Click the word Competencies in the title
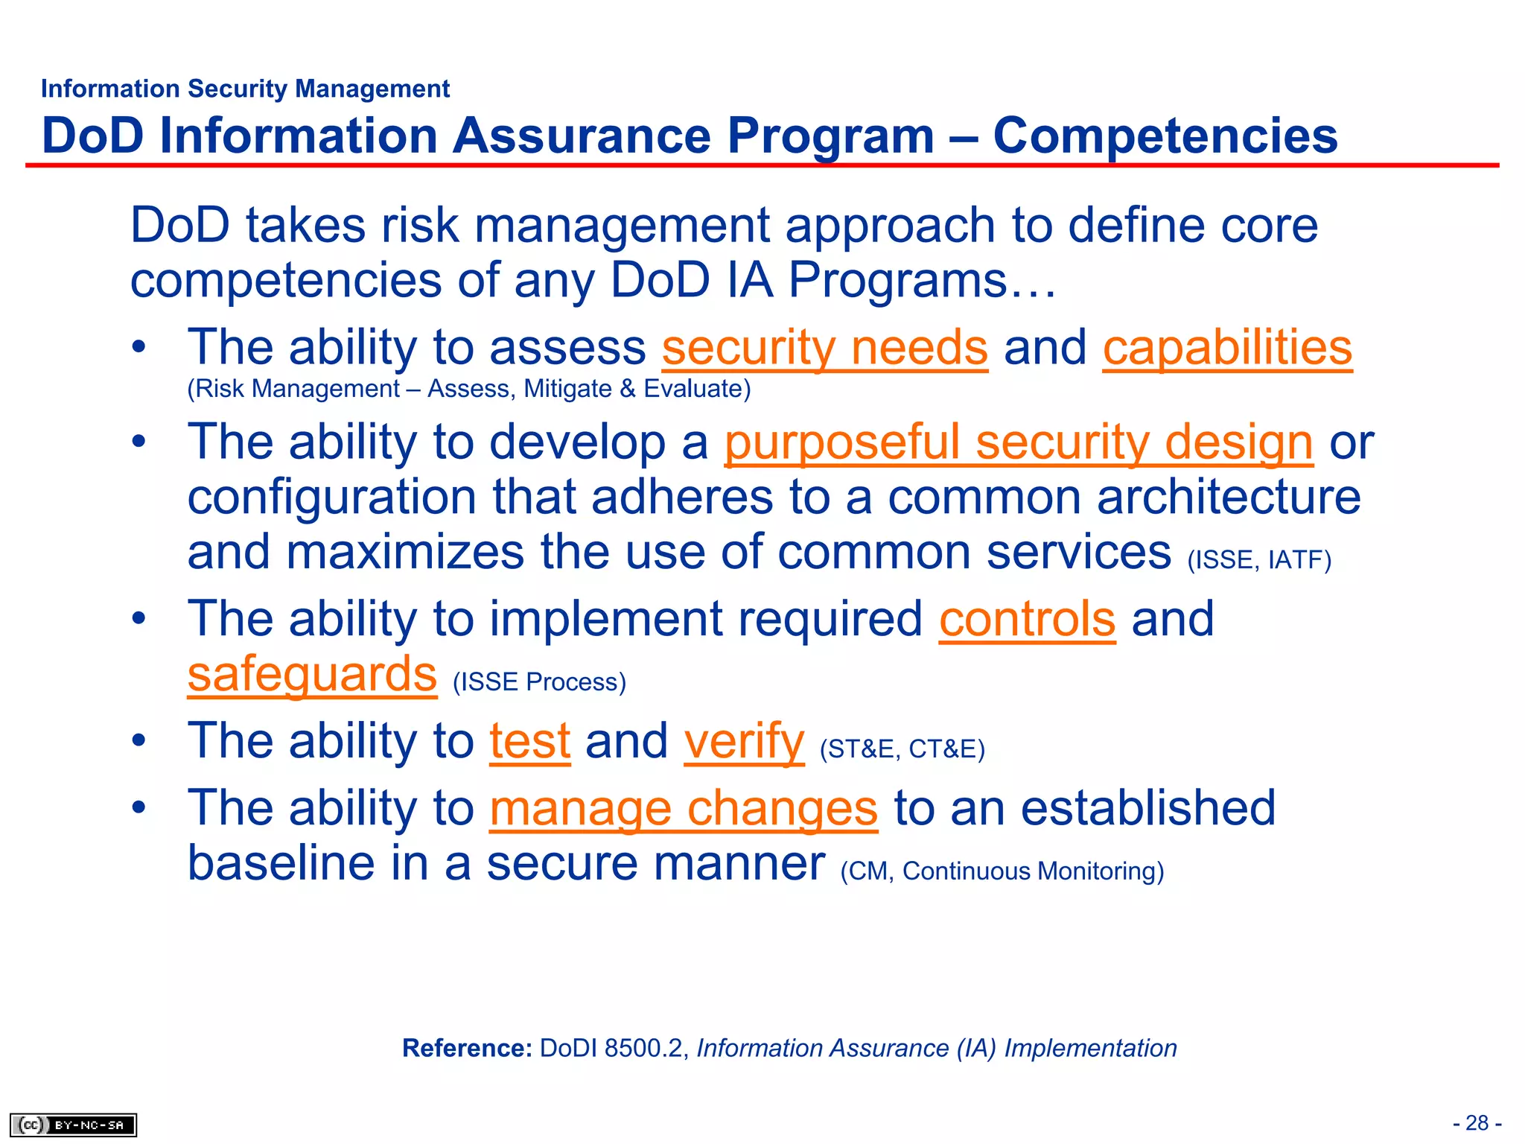(x=1165, y=136)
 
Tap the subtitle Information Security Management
(x=245, y=89)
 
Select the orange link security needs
(x=824, y=348)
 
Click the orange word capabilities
(x=1226, y=348)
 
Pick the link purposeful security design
(x=1018, y=442)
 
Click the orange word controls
(x=1027, y=619)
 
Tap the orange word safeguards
(x=311, y=675)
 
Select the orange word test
(x=529, y=742)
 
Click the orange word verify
(x=743, y=742)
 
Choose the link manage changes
(x=683, y=809)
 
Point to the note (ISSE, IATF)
(x=1258, y=560)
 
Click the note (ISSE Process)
(x=539, y=682)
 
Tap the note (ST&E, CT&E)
(x=902, y=749)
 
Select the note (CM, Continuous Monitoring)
(x=1002, y=871)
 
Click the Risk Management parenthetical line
(x=468, y=389)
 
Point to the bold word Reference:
(x=467, y=1049)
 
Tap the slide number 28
(x=1477, y=1123)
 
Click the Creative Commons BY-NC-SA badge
(x=73, y=1125)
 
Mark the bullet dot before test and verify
(x=139, y=742)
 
